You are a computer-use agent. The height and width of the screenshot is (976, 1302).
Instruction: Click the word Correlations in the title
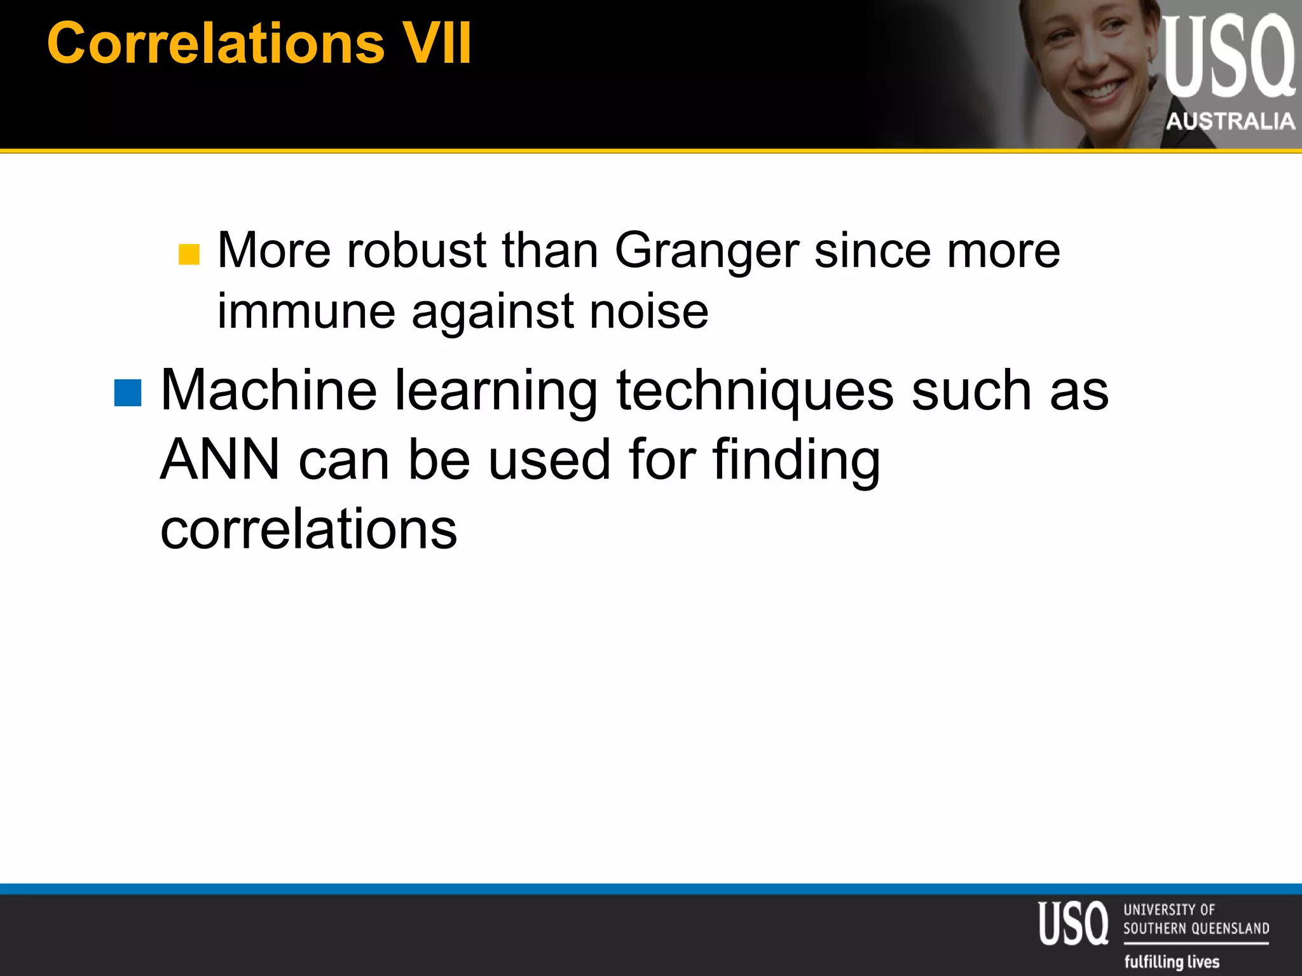(x=216, y=43)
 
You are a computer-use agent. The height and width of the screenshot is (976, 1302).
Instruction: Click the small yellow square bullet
(x=189, y=254)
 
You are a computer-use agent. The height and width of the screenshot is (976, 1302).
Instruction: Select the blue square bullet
(x=127, y=392)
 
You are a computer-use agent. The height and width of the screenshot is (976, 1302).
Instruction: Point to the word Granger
(x=706, y=252)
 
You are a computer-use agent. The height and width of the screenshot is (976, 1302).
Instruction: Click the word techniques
(x=755, y=391)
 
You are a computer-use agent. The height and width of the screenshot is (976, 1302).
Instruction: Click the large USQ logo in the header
(x=1228, y=57)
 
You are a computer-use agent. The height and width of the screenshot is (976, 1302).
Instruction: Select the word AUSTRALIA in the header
(x=1230, y=121)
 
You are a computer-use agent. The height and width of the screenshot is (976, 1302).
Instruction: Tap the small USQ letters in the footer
(x=1072, y=923)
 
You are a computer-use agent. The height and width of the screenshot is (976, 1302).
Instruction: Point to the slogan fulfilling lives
(x=1172, y=961)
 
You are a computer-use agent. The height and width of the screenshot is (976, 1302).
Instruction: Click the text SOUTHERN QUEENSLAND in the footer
(x=1196, y=928)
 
